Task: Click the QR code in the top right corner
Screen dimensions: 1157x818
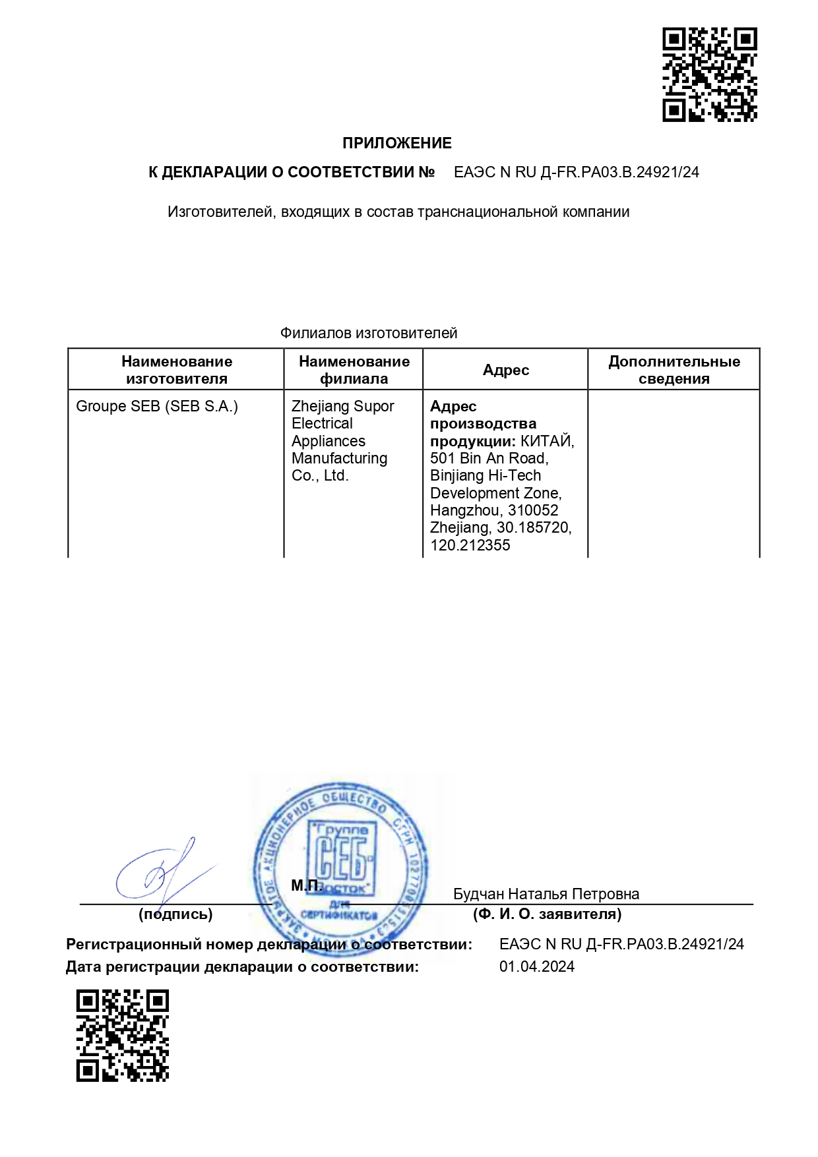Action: click(709, 74)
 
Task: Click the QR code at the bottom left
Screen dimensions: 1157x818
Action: click(123, 1035)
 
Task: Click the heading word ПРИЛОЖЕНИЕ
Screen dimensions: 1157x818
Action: click(396, 143)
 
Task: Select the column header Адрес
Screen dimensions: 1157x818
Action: click(505, 370)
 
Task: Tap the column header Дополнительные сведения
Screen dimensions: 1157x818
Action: click(674, 370)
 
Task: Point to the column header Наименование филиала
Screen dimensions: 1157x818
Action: click(354, 370)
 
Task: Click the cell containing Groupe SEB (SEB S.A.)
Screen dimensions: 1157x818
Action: click(157, 406)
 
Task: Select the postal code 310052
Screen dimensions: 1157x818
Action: click(533, 510)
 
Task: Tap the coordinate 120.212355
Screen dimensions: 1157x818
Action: click(470, 545)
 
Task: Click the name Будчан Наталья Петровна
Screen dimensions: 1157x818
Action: click(546, 894)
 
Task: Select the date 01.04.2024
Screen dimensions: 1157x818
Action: click(536, 966)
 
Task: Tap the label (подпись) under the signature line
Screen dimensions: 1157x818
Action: click(175, 914)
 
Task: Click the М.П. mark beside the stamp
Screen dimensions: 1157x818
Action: click(307, 885)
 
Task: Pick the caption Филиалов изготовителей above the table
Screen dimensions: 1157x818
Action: click(368, 333)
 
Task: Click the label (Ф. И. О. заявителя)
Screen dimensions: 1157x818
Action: click(547, 914)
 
